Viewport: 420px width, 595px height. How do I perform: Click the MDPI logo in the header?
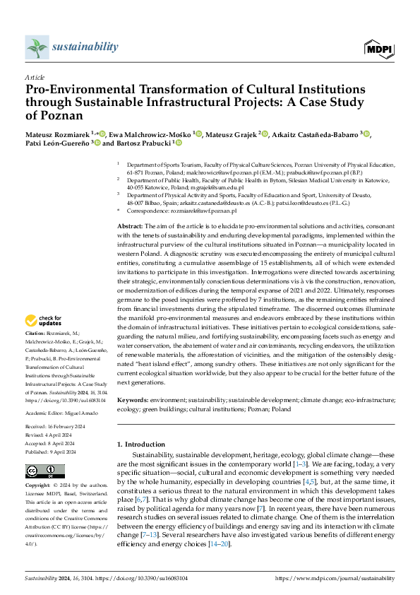[378, 47]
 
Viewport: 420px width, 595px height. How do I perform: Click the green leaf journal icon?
[37, 47]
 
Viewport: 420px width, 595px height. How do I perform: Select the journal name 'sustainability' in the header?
[85, 47]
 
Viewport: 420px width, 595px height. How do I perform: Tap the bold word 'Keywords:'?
[133, 400]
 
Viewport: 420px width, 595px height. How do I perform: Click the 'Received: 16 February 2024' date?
[57, 426]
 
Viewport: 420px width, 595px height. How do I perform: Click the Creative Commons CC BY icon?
[45, 471]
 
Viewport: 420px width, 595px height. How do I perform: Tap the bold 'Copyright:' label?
[38, 487]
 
